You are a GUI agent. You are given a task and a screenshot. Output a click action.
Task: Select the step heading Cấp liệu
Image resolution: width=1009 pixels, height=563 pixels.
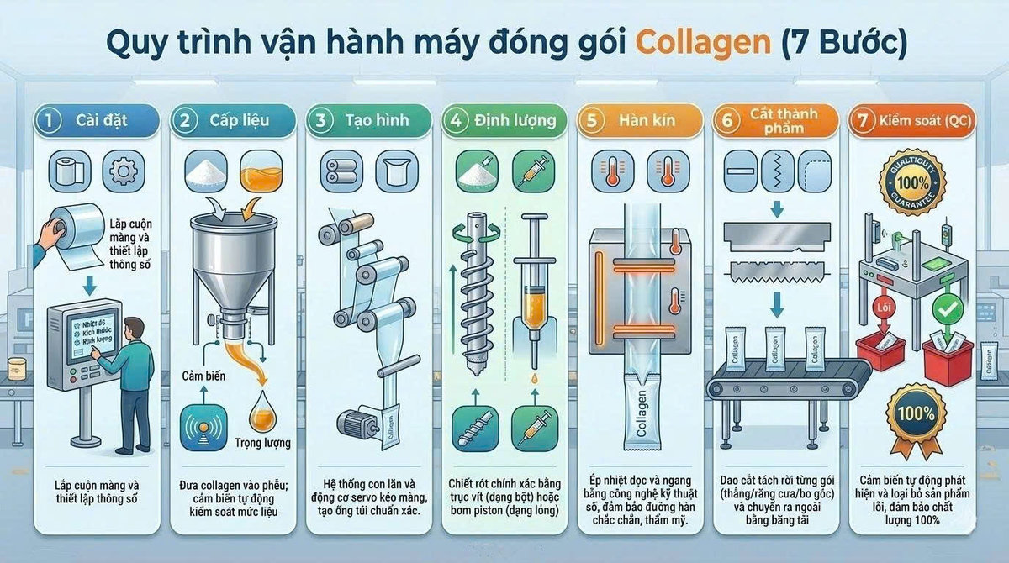coord(239,119)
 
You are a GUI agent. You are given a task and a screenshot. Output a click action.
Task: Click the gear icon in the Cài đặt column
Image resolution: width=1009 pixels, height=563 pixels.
coord(123,171)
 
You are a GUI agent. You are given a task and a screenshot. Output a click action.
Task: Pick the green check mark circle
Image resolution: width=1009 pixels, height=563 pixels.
coord(948,310)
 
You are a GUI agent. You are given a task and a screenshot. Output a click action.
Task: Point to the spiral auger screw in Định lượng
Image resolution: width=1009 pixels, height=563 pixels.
coord(475,294)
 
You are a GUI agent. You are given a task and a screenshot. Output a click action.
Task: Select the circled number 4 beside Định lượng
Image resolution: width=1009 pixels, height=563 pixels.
coord(457,119)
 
